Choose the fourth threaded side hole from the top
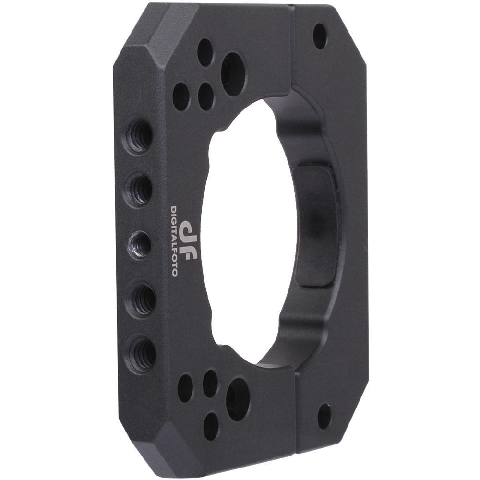click(x=142, y=298)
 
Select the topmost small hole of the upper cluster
click(x=205, y=52)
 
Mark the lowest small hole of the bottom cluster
click(x=211, y=426)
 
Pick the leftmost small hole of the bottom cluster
click(x=185, y=387)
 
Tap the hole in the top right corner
click(x=320, y=36)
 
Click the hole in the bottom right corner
click(x=324, y=416)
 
